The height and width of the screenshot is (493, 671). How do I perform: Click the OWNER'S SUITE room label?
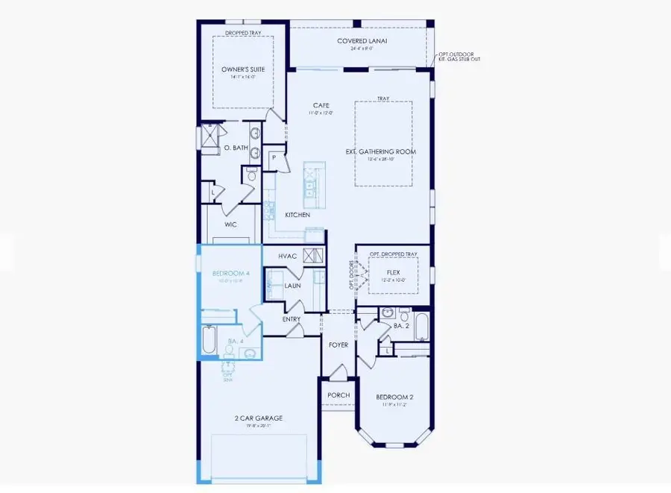coord(243,69)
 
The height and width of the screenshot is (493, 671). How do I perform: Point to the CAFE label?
coord(321,106)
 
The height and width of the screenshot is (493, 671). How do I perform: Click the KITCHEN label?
coord(297,215)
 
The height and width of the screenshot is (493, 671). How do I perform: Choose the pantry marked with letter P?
coord(274,158)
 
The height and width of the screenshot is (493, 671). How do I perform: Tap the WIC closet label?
coord(231,224)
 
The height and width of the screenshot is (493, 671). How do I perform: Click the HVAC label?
coord(288,256)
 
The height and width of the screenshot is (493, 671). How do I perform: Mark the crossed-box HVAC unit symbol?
coord(314,255)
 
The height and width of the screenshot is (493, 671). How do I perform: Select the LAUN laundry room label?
coord(292,286)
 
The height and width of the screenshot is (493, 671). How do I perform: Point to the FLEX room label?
coord(393,273)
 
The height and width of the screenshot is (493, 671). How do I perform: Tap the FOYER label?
coord(338,345)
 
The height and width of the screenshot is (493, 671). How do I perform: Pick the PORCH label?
coord(338,395)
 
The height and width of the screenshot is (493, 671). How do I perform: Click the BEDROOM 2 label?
coord(394,397)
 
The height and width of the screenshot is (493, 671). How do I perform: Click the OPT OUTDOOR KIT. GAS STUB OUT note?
coord(459,56)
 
